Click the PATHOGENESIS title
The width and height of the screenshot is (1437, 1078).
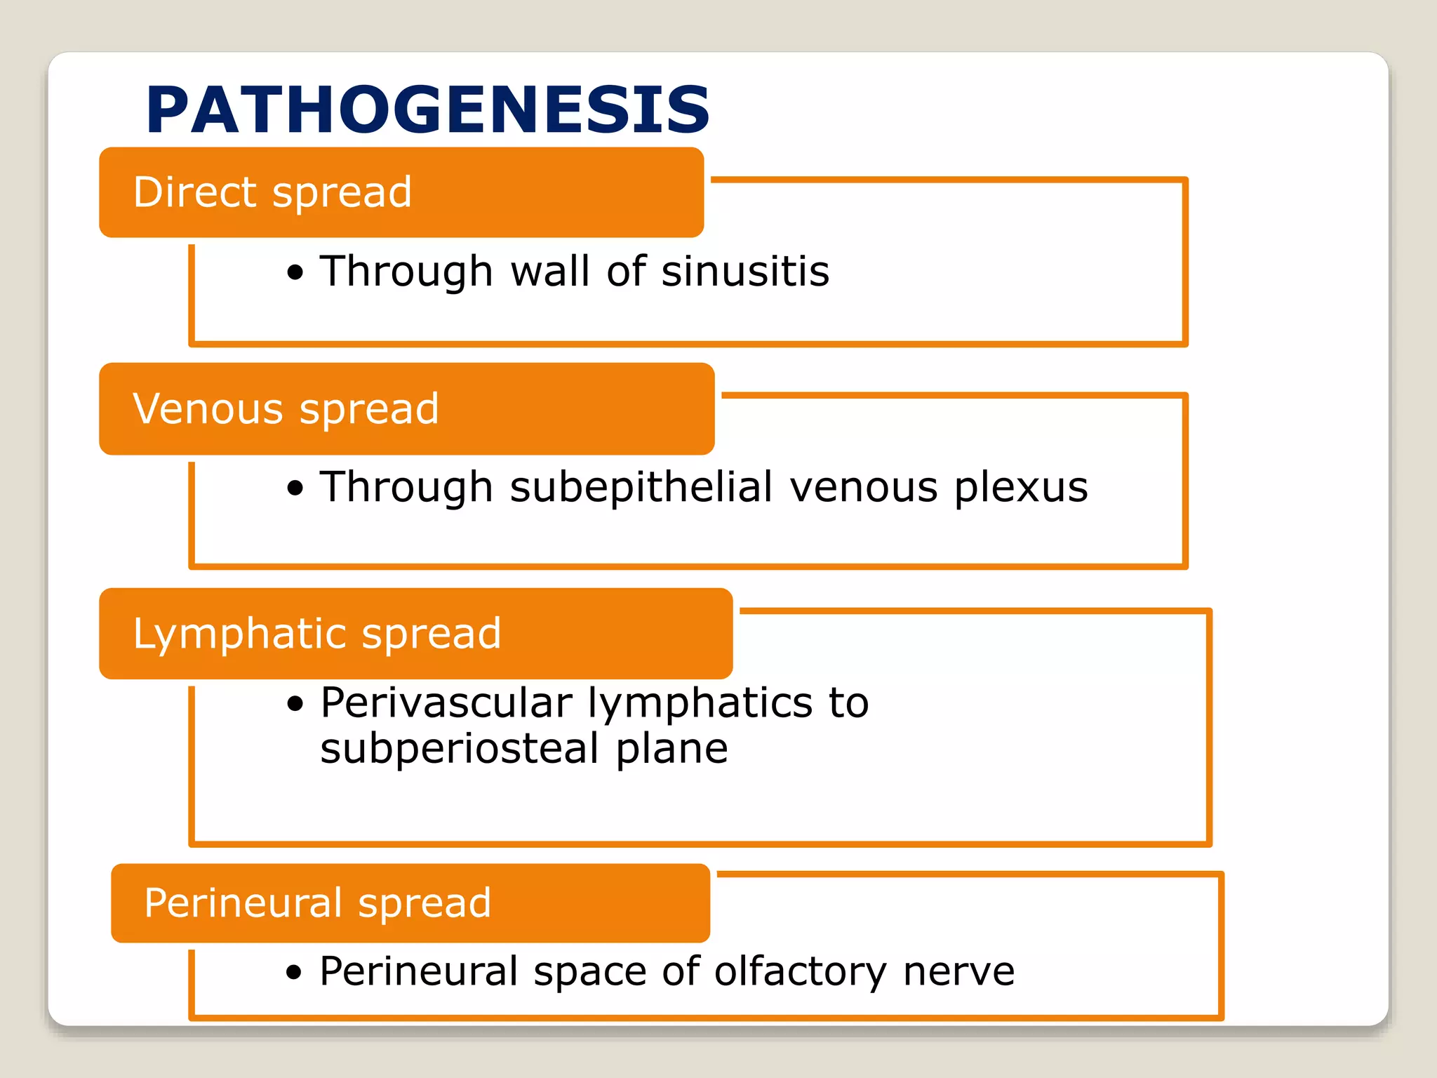point(428,110)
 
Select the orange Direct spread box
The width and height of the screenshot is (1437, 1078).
point(401,192)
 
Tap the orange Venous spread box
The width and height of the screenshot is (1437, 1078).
point(407,409)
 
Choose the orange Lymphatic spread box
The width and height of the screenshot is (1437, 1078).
point(416,634)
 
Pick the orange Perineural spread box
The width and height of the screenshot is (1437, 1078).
point(410,903)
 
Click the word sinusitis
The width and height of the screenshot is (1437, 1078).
point(745,272)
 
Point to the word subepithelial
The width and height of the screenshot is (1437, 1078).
point(641,487)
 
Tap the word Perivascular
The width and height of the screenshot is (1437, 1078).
point(446,703)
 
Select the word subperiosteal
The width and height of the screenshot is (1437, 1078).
point(459,749)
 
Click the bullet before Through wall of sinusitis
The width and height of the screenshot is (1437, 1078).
point(295,273)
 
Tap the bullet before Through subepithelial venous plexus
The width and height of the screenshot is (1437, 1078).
point(295,488)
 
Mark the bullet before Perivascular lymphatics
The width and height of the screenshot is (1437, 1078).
point(295,704)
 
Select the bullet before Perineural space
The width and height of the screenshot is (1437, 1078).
point(294,973)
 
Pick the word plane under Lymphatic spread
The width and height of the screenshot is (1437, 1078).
point(671,749)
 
